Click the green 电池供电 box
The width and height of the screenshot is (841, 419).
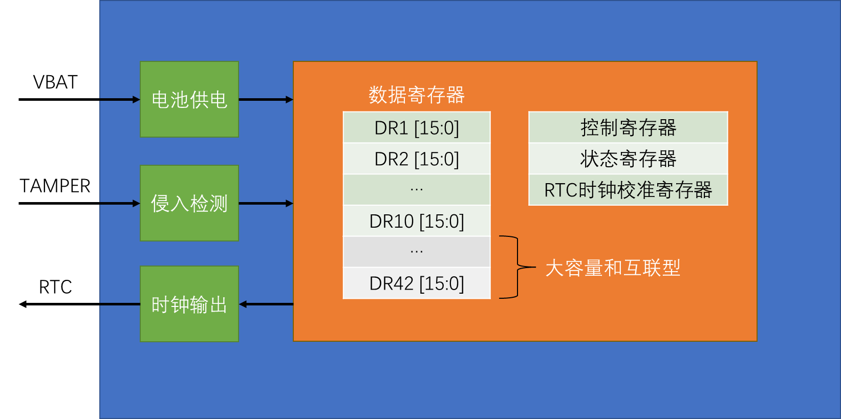point(189,99)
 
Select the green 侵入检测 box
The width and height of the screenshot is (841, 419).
point(189,203)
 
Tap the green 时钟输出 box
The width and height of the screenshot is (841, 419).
point(189,304)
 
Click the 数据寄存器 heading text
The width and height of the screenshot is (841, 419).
point(416,95)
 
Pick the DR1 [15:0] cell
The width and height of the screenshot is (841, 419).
point(416,127)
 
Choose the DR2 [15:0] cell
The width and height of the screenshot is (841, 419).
point(416,159)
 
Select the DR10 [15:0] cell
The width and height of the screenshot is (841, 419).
point(416,221)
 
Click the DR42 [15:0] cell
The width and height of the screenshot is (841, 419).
point(416,283)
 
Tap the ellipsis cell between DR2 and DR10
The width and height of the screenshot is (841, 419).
point(416,190)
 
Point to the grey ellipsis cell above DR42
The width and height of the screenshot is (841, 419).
point(416,252)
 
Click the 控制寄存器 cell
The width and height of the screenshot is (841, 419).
point(628,127)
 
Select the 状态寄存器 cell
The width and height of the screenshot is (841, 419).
point(628,159)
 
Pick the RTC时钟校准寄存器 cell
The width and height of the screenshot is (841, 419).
point(628,190)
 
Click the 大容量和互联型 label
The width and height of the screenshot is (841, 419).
point(613,268)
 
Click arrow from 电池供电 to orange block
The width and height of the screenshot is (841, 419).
point(266,99)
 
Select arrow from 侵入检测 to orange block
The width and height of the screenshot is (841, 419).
point(266,203)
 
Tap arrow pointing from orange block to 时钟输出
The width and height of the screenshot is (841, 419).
point(266,304)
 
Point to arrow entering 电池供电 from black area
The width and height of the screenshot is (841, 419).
point(120,99)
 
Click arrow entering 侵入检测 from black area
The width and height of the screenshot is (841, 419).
point(120,203)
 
